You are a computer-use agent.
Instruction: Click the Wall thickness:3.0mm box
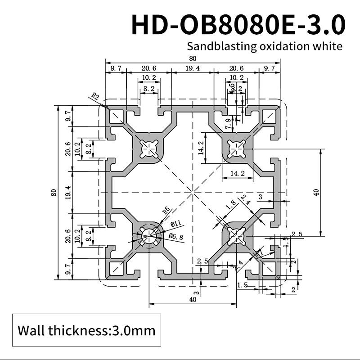pos(86,331)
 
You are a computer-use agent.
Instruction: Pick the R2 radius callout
pos(95,96)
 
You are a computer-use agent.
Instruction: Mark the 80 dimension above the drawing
pos(193,58)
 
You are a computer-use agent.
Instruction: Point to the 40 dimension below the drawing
pos(193,299)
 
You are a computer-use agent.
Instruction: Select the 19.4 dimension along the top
pos(193,68)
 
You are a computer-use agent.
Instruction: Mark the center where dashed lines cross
pos(193,193)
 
